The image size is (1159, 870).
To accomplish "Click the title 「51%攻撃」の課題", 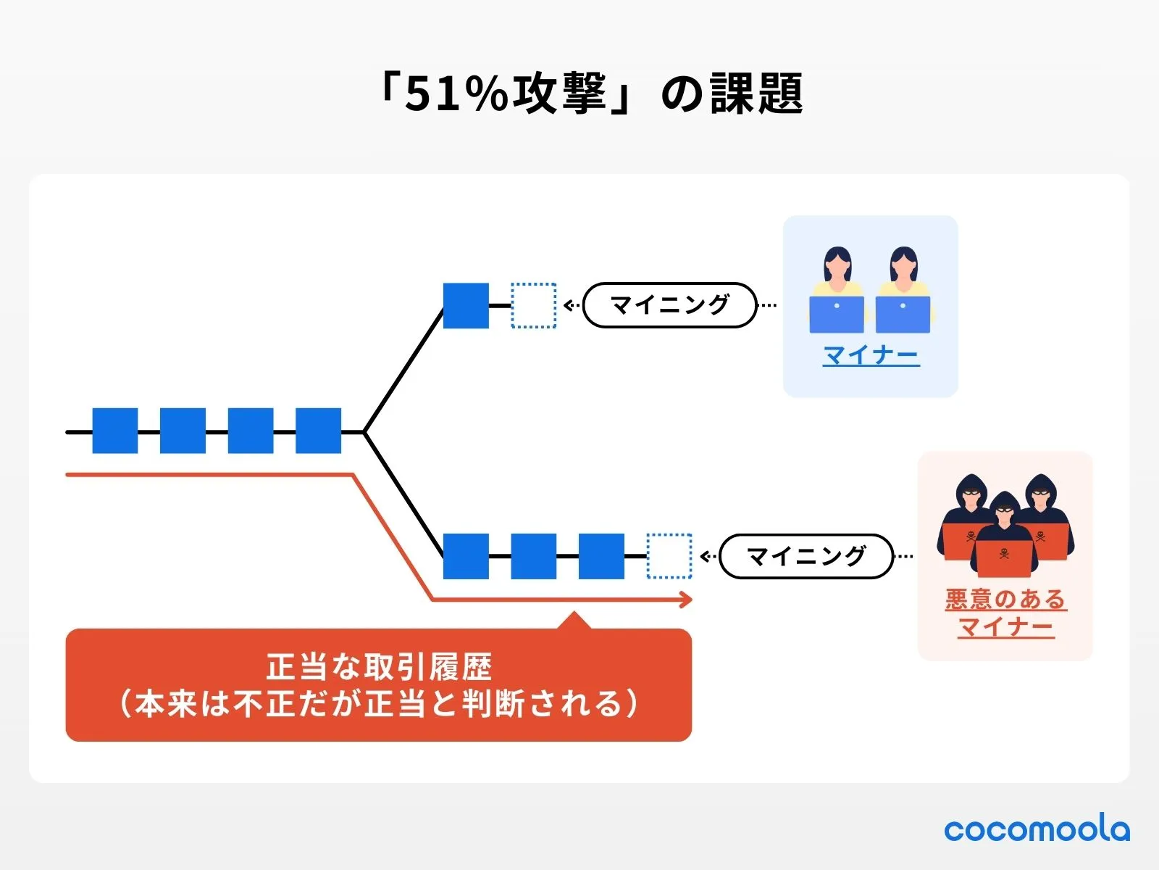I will (590, 94).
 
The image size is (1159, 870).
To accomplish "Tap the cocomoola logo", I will (1037, 829).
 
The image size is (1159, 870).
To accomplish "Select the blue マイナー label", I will (871, 355).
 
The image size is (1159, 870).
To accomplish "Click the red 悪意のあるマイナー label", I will (1005, 613).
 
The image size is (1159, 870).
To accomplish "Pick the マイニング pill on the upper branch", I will (669, 305).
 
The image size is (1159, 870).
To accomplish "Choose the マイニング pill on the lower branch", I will (806, 556).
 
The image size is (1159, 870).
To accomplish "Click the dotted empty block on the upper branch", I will (534, 305).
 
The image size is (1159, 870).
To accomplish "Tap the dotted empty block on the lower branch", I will (669, 556).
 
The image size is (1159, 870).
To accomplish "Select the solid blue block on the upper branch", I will (466, 305).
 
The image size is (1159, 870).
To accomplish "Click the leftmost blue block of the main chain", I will (115, 431).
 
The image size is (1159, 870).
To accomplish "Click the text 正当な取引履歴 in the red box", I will (379, 667).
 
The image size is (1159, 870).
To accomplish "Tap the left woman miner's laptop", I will (837, 314).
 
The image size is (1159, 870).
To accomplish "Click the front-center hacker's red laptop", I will (1004, 557).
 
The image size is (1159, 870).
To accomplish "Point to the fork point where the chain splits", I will (364, 432).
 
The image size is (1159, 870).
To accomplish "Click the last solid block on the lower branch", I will (601, 556).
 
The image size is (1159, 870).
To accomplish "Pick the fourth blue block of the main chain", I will (318, 431).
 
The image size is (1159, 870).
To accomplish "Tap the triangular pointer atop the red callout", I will (574, 621).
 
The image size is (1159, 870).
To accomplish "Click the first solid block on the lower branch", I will (466, 556).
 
